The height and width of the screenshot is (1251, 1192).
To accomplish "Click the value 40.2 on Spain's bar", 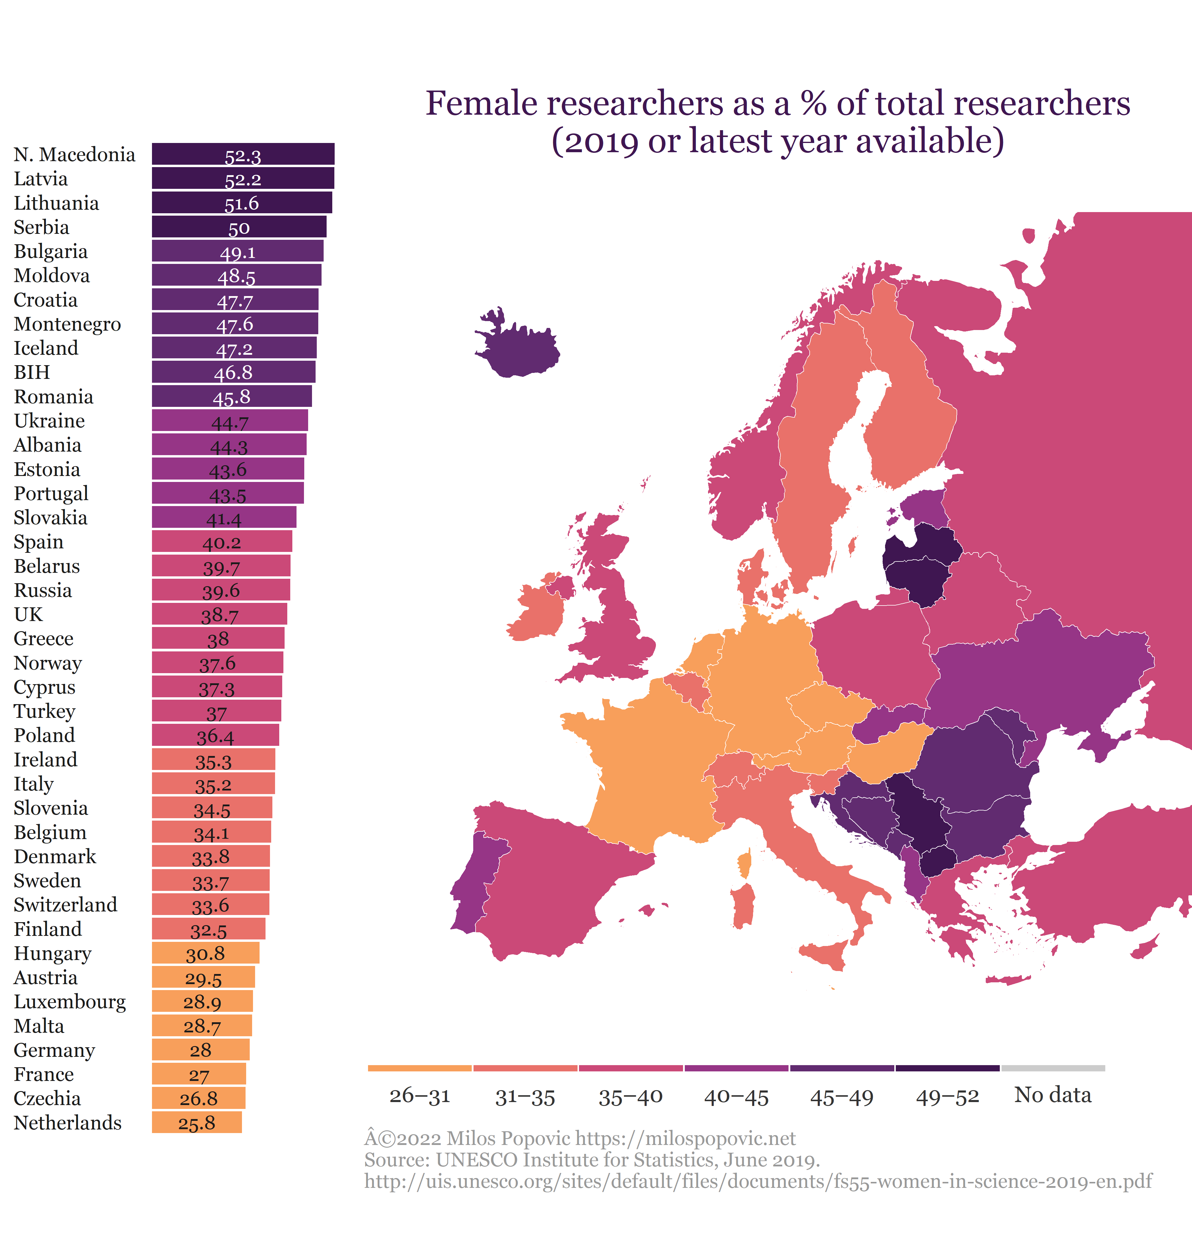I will pos(222,542).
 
